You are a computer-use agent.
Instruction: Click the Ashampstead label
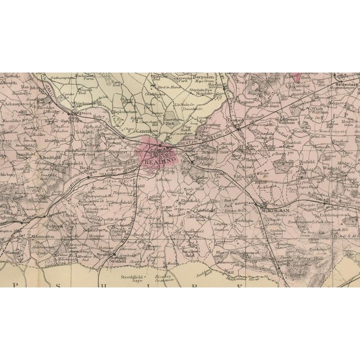pyautogui.click(x=16, y=98)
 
